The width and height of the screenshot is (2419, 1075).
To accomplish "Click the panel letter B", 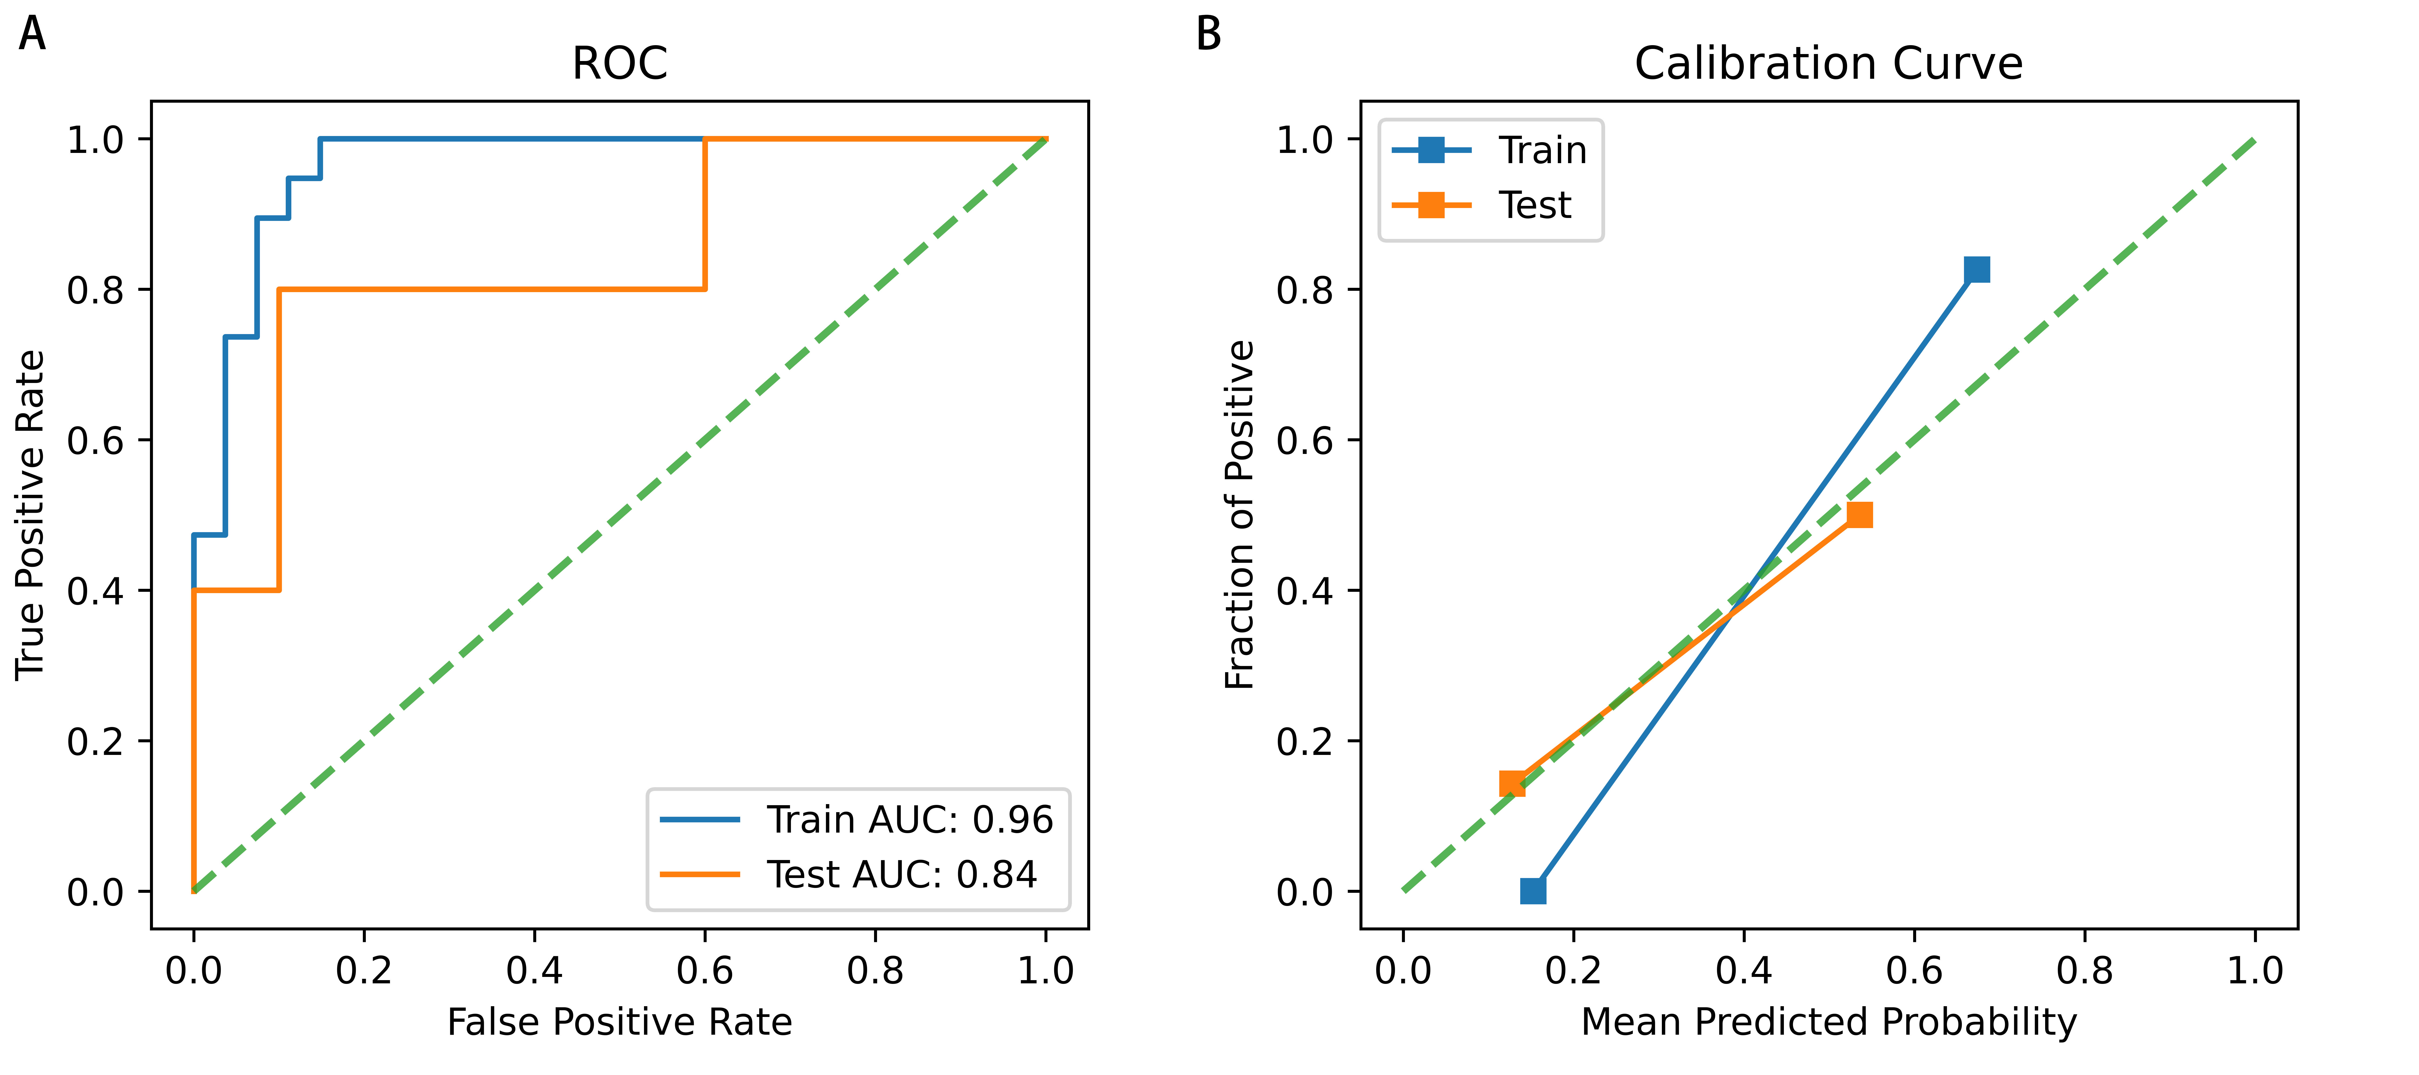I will point(1209,35).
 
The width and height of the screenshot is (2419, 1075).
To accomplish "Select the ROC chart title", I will point(620,64).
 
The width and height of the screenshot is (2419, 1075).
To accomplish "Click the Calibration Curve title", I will point(1828,64).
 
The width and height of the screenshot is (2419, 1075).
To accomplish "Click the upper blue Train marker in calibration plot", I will point(1977,270).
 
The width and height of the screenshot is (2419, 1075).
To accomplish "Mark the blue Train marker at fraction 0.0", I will point(1533,890).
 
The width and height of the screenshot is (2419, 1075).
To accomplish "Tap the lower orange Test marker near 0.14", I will point(1512,783).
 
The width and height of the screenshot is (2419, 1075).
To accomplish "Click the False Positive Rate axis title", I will point(620,1022).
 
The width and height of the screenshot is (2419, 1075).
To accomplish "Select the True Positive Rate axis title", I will point(30,514).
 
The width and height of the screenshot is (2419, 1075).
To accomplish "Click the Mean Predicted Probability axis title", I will point(1828,1022).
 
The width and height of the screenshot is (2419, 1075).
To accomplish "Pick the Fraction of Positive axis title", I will point(1240,514).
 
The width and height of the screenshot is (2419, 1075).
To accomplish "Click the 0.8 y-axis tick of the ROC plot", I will point(96,290).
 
